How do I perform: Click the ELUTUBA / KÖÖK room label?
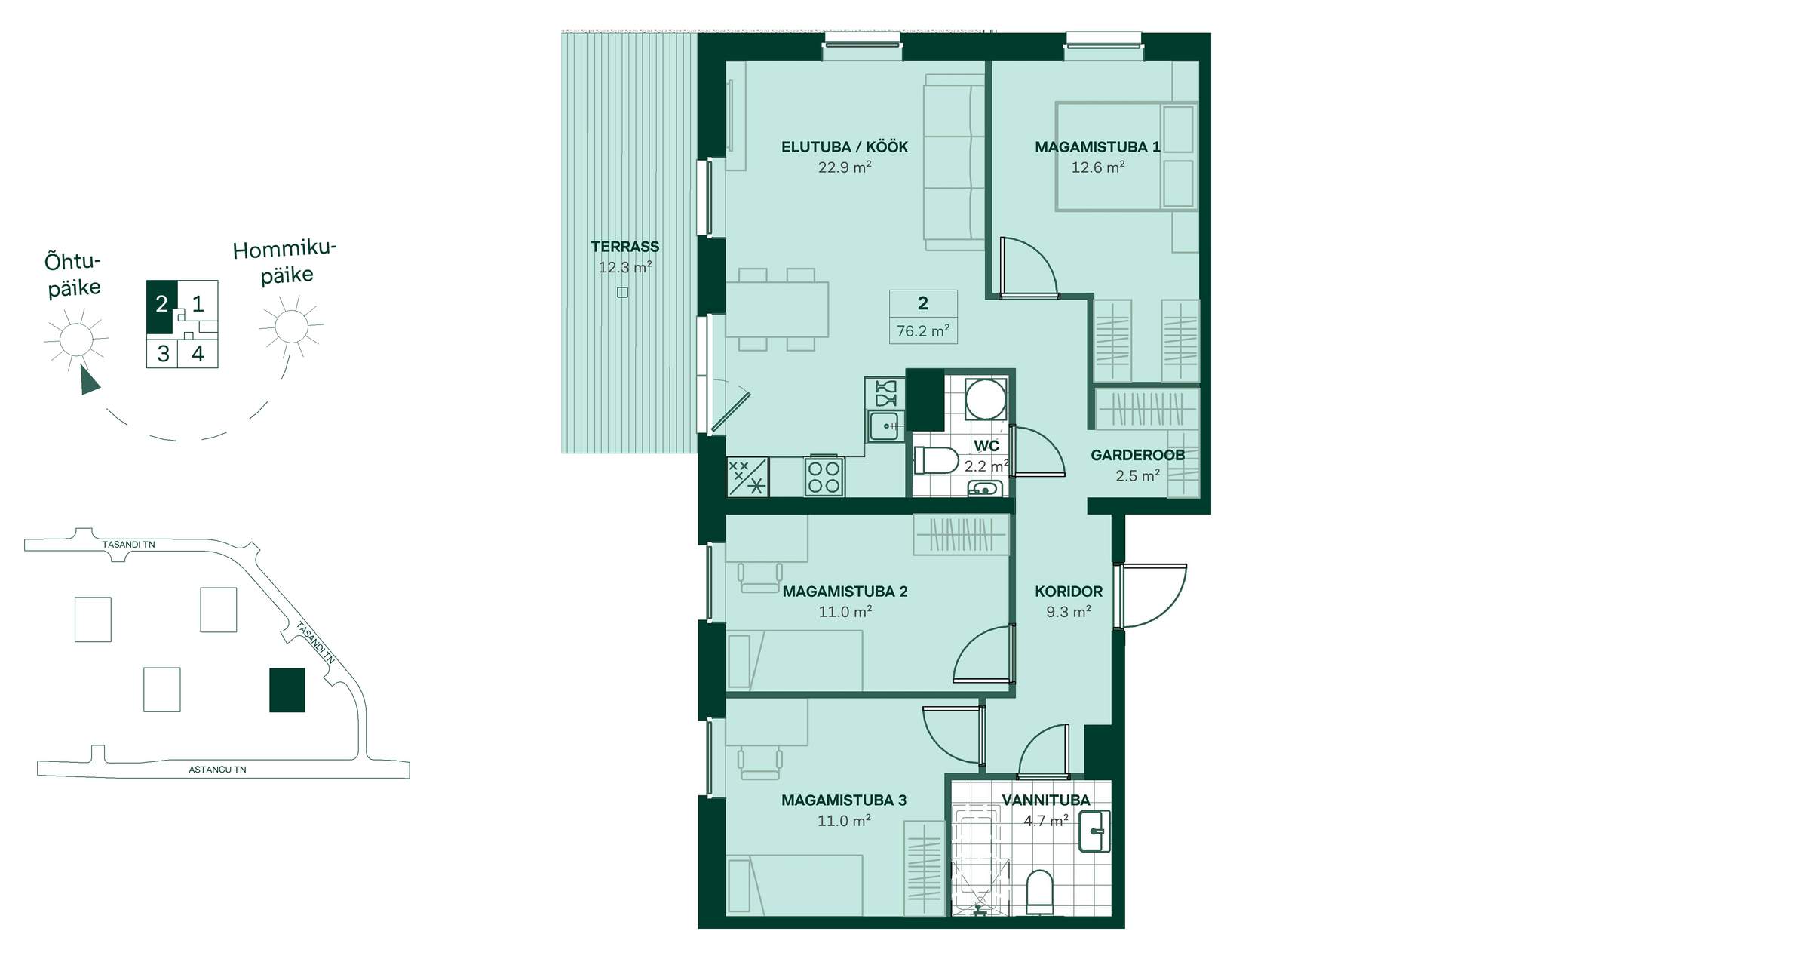(844, 147)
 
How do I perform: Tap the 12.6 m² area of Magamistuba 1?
(1098, 167)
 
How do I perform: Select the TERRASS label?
(625, 247)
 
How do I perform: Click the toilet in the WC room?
(935, 459)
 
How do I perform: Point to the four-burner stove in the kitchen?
(824, 477)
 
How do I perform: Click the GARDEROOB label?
(1137, 455)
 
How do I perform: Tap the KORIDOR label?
(1069, 592)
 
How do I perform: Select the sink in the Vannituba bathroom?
(1095, 831)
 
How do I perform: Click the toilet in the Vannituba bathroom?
(1040, 892)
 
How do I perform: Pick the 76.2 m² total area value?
(923, 331)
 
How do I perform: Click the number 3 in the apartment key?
(163, 353)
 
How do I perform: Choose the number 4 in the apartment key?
(198, 353)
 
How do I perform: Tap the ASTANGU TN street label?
(217, 770)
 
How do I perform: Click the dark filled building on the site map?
(287, 690)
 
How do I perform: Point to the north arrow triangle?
(89, 380)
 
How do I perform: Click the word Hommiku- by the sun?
(284, 250)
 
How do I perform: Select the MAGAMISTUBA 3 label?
(844, 800)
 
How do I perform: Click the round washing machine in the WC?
(986, 398)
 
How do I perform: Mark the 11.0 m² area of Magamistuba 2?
(845, 612)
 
